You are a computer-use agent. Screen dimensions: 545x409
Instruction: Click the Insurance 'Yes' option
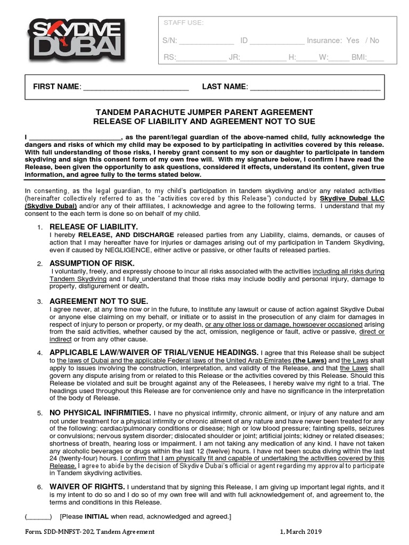(353, 40)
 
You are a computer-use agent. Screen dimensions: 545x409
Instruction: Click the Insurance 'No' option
(374, 40)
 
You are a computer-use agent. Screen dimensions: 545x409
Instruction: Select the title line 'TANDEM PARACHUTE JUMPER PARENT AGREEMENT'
(204, 112)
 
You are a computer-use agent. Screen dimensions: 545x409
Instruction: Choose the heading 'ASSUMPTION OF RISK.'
(92, 263)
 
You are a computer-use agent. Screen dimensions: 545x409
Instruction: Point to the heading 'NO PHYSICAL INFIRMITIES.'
(100, 412)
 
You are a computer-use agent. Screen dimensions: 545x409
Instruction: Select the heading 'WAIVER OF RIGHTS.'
(87, 486)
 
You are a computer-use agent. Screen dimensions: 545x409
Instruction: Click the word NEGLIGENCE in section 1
(119, 250)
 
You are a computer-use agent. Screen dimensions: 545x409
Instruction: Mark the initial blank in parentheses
(38, 517)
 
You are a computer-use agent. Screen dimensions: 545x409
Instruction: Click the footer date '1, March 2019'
(301, 532)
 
